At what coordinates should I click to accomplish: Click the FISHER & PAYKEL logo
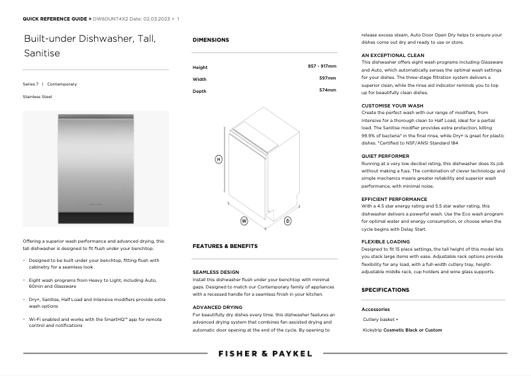[265, 353]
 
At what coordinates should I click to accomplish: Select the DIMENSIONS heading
[211, 40]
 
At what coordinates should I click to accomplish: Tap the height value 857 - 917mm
[322, 67]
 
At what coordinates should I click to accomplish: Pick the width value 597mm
[327, 78]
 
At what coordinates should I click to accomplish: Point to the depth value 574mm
[327, 90]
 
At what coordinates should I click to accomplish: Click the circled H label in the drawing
[218, 159]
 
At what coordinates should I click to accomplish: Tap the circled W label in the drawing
[244, 220]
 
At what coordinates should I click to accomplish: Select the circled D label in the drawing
[287, 220]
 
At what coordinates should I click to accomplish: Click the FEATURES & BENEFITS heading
[224, 246]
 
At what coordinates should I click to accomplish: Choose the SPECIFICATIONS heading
[385, 290]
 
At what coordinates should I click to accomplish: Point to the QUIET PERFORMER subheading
[385, 157]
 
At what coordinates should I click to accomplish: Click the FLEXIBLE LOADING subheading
[385, 241]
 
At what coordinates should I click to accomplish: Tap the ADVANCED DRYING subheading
[217, 308]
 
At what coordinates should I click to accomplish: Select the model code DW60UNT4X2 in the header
[110, 19]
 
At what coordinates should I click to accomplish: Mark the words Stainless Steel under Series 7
[37, 97]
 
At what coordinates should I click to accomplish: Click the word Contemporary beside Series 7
[62, 84]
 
